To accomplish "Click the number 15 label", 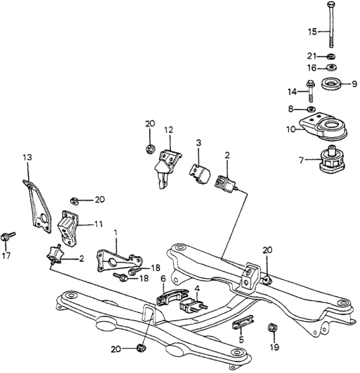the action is pos(312,32).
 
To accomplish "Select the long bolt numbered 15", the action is pos(331,24).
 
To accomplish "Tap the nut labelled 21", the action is pos(331,57).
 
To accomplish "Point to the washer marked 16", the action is pos(331,67).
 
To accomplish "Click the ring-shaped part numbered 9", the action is pos(331,83).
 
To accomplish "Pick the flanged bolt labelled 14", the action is pos(311,92).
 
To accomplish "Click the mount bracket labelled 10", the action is pos(322,127).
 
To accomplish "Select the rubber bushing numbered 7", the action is pos(332,160).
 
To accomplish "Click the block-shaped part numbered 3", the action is pos(200,174).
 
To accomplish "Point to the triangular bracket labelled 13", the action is pos(37,207).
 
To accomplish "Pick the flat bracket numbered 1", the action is pos(119,261).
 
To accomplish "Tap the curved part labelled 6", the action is pos(172,296).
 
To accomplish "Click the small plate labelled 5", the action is pos(243,322).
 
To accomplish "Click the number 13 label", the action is pos(28,158).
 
